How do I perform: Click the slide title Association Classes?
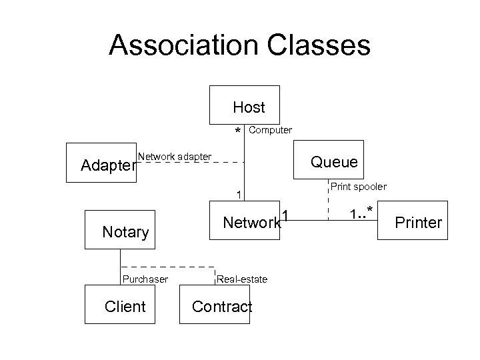point(239,45)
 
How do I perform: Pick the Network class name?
point(251,223)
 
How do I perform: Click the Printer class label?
point(419,222)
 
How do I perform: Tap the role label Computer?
point(270,130)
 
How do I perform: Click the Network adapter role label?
point(175,157)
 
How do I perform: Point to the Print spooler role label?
point(358,187)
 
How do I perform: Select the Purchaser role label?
point(144,279)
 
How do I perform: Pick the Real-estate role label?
point(242,279)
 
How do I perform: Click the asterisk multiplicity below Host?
point(237,131)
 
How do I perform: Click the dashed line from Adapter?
point(193,163)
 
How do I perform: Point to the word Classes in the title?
point(311,45)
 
